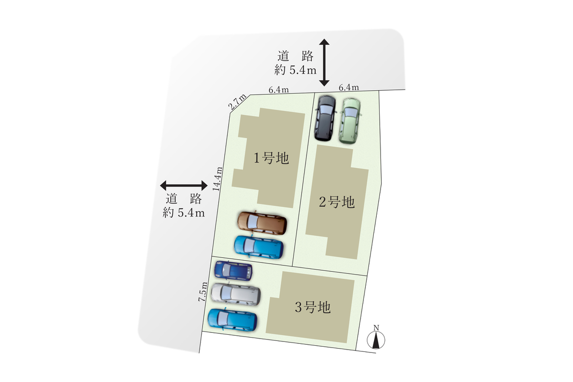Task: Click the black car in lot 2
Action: [325, 117]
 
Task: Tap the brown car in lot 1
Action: [263, 223]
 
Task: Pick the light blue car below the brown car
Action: [259, 246]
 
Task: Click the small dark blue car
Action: [233, 270]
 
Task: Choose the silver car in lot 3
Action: [236, 294]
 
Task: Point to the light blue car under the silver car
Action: [233, 320]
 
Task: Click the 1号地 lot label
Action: [271, 158]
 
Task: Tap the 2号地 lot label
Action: [337, 202]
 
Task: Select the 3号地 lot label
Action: [312, 308]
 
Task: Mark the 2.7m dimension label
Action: [237, 103]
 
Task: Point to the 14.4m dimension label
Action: [218, 179]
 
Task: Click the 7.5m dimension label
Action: [203, 291]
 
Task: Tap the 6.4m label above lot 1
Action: [278, 89]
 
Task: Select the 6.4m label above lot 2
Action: [348, 87]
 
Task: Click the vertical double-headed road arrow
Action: [324, 63]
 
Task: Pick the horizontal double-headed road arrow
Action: [184, 185]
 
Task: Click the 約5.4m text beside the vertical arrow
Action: [296, 70]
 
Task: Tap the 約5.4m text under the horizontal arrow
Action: [184, 213]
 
